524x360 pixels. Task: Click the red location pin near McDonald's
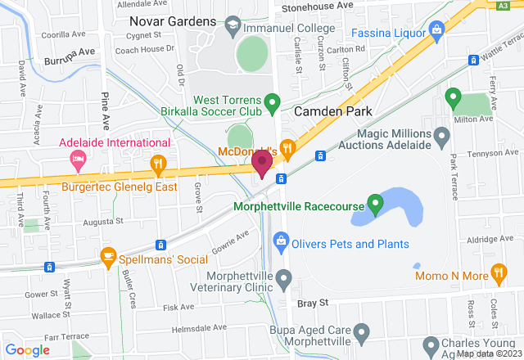coord(262,162)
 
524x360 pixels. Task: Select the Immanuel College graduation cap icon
coord(232,27)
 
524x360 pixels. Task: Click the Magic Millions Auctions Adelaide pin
coord(442,134)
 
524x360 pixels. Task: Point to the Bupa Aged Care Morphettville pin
coord(364,332)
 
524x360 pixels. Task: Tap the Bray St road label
coord(313,303)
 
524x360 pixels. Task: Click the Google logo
coord(27,350)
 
